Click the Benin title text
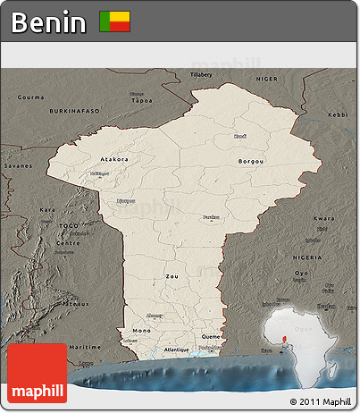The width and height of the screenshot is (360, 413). (49, 21)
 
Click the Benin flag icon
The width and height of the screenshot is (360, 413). (114, 21)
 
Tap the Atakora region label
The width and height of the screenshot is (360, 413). (114, 159)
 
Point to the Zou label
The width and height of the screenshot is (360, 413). (172, 276)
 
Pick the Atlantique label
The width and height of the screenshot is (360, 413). (177, 350)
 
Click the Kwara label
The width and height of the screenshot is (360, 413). (325, 218)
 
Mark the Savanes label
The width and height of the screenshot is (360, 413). (18, 165)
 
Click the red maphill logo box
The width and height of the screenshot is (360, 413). (37, 374)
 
